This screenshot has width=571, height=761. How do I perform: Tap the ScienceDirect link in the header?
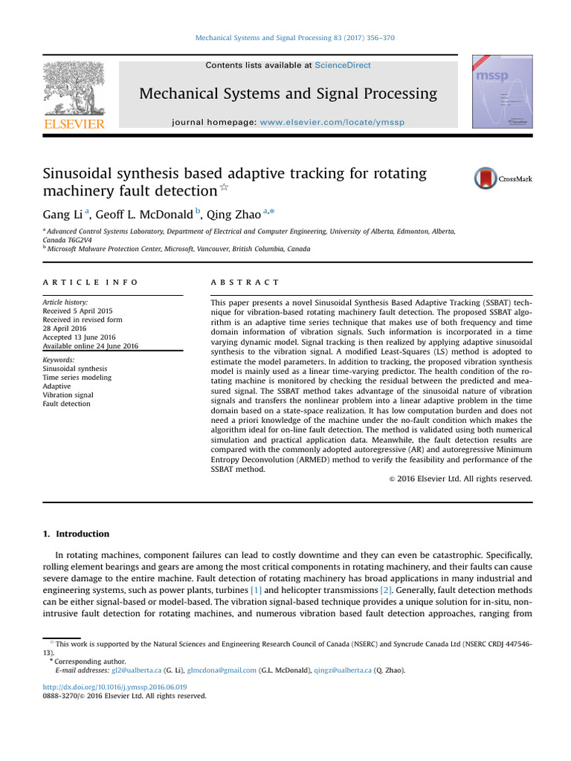click(342, 65)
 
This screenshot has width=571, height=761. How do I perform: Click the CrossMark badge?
click(503, 178)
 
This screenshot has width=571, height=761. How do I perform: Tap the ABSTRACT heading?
click(235, 282)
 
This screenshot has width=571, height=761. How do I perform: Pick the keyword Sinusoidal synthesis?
click(75, 368)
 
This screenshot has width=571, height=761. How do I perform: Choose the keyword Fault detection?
click(66, 404)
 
